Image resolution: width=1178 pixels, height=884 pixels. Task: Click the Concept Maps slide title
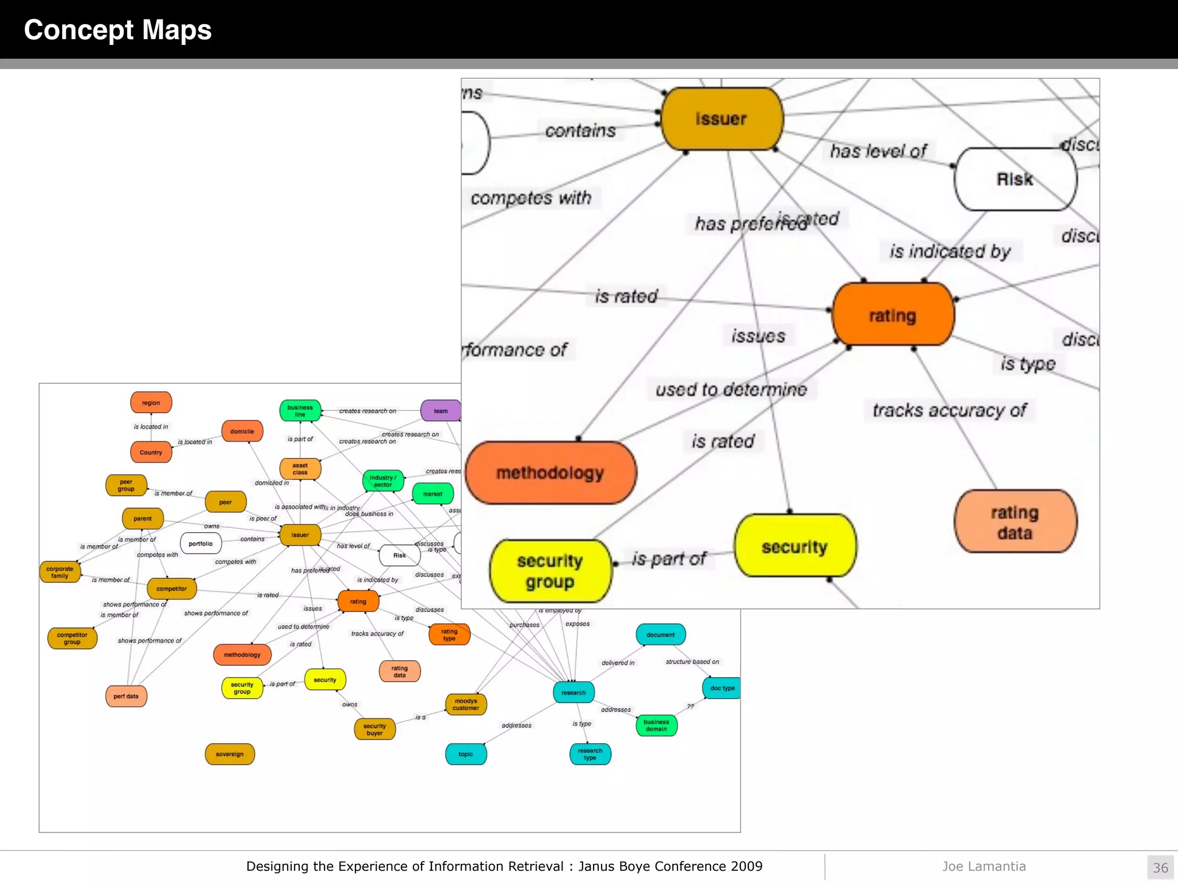pos(117,30)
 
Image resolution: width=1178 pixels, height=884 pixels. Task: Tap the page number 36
pos(1160,867)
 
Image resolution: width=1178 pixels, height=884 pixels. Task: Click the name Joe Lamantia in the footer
pos(984,866)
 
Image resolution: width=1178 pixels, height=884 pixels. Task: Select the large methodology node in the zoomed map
pos(550,473)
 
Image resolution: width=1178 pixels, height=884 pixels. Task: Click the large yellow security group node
pos(550,571)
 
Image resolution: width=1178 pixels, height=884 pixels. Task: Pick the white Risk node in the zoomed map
pos(1015,180)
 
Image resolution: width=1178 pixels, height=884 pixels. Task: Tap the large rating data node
pos(1015,522)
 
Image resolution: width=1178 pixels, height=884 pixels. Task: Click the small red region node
pos(151,403)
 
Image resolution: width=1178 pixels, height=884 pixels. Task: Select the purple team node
pos(441,411)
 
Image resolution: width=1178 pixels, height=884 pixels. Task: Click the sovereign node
pos(230,754)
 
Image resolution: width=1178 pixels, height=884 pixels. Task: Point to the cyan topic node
pos(466,754)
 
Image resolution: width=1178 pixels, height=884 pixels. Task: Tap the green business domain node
pos(656,725)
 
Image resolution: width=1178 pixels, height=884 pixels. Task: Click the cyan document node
pos(660,635)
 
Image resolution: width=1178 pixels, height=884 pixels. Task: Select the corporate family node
pos(60,572)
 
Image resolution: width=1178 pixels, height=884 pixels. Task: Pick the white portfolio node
pos(201,543)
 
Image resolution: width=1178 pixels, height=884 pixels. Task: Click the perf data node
pos(126,696)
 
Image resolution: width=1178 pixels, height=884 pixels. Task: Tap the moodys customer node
pos(466,704)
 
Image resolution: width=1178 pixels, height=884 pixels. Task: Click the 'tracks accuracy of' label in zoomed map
pos(950,410)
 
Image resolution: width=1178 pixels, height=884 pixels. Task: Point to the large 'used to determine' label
pos(731,390)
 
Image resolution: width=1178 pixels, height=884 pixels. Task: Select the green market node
pos(433,494)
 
